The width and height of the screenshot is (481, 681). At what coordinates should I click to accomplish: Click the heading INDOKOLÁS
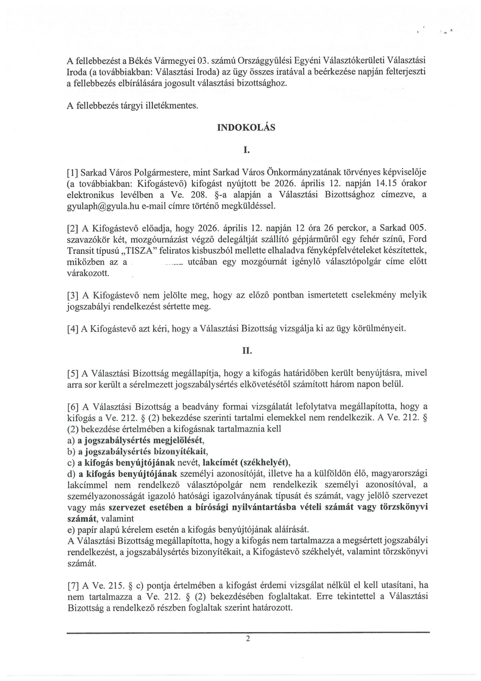(x=246, y=128)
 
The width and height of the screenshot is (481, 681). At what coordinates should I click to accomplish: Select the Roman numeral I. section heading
(x=246, y=151)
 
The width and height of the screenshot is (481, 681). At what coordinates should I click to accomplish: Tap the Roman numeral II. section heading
(x=247, y=351)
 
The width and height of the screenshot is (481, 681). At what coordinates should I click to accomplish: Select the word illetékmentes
(x=171, y=106)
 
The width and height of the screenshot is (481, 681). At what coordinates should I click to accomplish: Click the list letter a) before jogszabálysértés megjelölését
(x=70, y=441)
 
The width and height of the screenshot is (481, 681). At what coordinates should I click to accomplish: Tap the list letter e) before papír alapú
(x=70, y=529)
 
